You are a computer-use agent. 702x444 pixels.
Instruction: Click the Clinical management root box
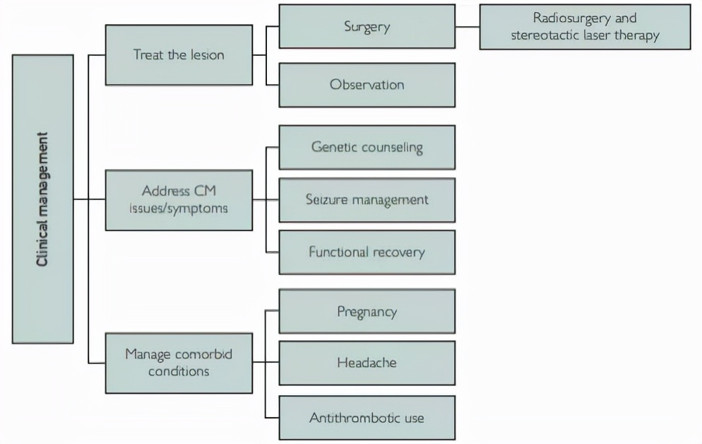click(43, 199)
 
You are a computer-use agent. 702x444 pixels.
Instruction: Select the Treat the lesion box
click(178, 54)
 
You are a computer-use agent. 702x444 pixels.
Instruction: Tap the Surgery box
click(367, 28)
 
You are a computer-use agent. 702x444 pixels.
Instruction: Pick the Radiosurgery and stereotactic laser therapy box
click(584, 28)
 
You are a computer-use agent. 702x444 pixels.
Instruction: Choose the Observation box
click(367, 85)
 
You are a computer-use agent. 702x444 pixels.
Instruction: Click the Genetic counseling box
click(367, 147)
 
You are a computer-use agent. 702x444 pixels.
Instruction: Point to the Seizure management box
click(367, 199)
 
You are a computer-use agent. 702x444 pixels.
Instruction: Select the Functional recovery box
click(367, 252)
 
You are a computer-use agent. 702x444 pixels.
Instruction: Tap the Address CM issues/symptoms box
click(178, 200)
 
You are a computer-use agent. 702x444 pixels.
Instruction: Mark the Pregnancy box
click(367, 311)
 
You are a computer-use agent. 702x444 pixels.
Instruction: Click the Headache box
click(367, 363)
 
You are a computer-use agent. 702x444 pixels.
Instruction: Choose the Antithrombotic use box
click(367, 418)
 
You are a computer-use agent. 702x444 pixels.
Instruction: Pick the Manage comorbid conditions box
click(178, 362)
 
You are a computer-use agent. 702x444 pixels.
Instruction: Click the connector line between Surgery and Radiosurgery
click(467, 28)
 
